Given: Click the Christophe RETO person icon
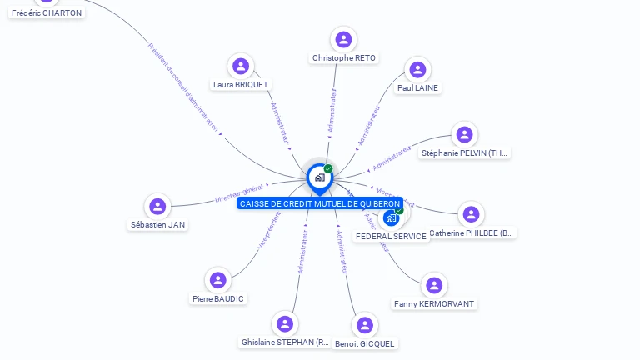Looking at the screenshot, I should click(x=343, y=39).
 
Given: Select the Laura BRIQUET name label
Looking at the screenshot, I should click(x=241, y=84).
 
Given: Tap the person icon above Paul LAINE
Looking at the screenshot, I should click(x=417, y=69).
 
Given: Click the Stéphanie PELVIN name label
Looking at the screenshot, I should click(x=464, y=152).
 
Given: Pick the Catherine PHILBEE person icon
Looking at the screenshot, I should click(x=471, y=214).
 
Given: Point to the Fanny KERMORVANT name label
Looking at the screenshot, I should click(x=433, y=304).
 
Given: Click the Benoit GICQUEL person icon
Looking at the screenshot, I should click(x=365, y=325).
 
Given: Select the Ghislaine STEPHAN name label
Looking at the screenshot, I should click(x=285, y=342).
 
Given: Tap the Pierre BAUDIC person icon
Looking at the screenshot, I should click(x=218, y=280).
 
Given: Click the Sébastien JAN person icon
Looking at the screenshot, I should click(x=157, y=206).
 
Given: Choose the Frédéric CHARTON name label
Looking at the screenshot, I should click(x=47, y=12).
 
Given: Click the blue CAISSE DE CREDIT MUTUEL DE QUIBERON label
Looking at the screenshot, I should click(x=320, y=203).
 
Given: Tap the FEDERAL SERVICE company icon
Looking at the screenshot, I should click(x=392, y=217).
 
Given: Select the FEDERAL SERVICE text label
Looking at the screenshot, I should click(x=391, y=236).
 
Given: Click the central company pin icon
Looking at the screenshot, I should click(x=319, y=177).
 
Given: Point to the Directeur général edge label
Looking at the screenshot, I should click(x=239, y=193).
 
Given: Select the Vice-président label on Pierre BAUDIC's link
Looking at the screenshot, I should click(x=269, y=230).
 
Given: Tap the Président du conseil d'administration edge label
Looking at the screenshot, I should click(x=183, y=87).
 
